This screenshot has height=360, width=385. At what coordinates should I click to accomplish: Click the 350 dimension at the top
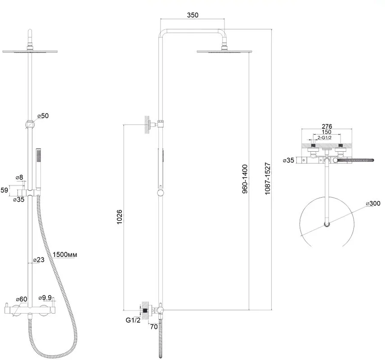[x=192, y=15]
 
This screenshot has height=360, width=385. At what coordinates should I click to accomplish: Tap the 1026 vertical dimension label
[x=119, y=217]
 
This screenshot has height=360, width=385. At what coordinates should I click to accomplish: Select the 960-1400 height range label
[x=245, y=179]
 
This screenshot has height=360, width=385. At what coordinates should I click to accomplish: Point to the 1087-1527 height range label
[x=268, y=179]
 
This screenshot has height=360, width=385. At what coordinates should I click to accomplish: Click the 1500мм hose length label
[x=65, y=255]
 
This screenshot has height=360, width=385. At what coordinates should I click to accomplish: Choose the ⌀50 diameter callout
[x=43, y=116]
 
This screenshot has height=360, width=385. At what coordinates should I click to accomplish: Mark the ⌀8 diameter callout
[x=19, y=177]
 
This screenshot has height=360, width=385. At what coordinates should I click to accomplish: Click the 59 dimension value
[x=4, y=190]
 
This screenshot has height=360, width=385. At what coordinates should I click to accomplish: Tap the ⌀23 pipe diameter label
[x=39, y=260]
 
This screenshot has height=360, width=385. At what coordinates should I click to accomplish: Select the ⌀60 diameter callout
[x=21, y=299]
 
